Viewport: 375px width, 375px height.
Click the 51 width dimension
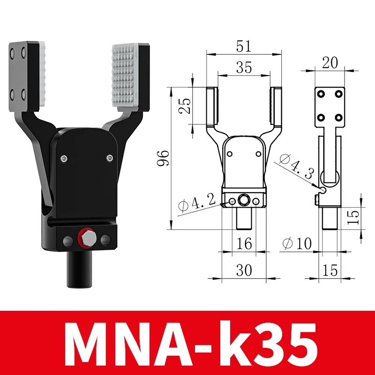click(x=244, y=46)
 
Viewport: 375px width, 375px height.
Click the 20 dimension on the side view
click(x=330, y=62)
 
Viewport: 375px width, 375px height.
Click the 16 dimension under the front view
click(x=244, y=243)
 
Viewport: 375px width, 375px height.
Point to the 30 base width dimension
click(x=244, y=270)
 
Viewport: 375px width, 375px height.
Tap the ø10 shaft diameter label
click(x=298, y=243)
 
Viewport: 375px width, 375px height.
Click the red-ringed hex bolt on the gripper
click(x=86, y=239)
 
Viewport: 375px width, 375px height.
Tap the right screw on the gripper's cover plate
click(x=109, y=157)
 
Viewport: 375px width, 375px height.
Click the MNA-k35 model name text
click(x=187, y=342)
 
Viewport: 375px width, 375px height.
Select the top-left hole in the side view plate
click(x=322, y=94)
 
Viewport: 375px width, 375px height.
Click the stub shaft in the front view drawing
click(x=244, y=218)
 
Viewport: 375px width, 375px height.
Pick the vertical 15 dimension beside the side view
click(x=355, y=216)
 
